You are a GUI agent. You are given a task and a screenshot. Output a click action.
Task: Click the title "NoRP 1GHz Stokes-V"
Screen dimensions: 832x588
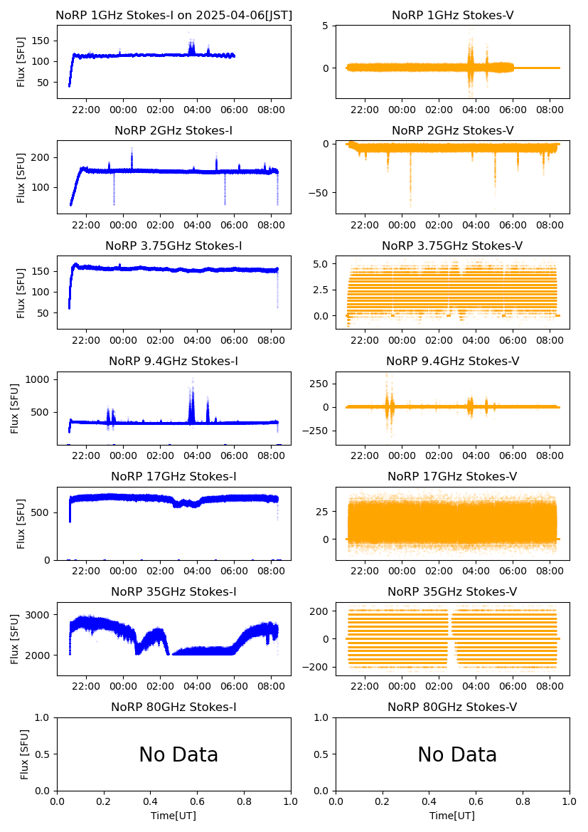452,16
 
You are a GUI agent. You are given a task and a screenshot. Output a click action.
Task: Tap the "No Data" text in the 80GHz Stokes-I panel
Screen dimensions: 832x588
178,755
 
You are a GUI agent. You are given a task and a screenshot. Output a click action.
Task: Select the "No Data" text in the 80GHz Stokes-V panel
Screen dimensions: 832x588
457,755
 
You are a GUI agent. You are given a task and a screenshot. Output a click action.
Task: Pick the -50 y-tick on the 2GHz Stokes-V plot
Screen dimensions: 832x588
320,193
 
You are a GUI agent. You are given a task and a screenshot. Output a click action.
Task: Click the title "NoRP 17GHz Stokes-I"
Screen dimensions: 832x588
173,477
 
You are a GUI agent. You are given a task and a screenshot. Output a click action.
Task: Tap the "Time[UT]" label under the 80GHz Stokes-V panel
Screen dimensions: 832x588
452,816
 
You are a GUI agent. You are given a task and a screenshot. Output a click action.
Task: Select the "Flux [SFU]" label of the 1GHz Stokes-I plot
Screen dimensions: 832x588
21,62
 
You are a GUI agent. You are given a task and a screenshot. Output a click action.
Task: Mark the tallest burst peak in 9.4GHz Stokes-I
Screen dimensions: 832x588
191,379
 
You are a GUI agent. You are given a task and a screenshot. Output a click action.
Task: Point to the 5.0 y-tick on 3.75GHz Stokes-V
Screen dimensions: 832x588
321,263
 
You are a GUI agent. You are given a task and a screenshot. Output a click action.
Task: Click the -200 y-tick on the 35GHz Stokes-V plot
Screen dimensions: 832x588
316,667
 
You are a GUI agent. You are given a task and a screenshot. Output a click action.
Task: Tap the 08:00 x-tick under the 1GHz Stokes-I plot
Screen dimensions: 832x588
271,110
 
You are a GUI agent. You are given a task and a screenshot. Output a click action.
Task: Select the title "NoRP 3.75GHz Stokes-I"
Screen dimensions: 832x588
173,246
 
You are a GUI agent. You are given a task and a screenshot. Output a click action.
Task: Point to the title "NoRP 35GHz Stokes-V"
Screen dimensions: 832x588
452,592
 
